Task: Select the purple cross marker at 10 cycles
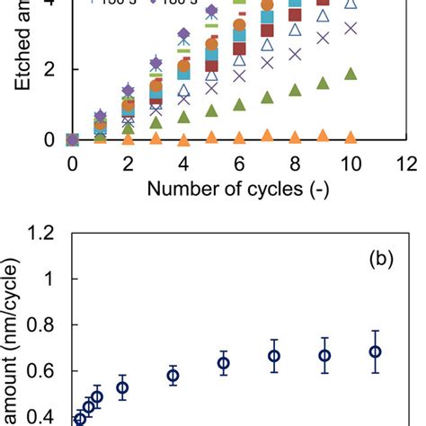coord(351,28)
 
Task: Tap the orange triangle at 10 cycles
coord(351,137)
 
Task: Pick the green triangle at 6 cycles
coord(239,104)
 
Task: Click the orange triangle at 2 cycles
coord(128,139)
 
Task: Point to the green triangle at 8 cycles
coord(295,90)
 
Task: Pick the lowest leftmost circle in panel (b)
coord(80,418)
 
